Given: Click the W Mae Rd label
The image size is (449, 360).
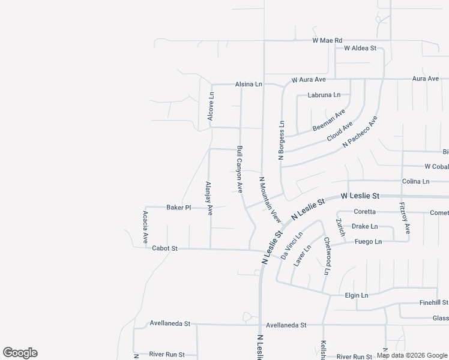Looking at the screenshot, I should click(327, 40).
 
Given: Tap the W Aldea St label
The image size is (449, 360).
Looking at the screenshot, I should click(360, 48).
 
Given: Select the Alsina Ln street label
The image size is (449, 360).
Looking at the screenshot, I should click(249, 85).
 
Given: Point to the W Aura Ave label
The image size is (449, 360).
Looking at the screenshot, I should click(309, 79).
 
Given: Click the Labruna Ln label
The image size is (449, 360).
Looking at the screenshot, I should click(324, 95).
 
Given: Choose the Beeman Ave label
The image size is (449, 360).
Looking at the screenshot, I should click(329, 121).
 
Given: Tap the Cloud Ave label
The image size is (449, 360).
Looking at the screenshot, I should click(339, 131).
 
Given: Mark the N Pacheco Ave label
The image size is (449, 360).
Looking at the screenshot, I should click(360, 133).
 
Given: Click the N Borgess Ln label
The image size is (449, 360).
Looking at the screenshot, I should click(281, 139).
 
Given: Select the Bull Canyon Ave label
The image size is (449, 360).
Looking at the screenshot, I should click(240, 169).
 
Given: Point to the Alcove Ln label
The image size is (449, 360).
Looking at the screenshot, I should click(211, 106).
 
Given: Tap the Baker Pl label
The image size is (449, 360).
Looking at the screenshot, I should click(178, 208).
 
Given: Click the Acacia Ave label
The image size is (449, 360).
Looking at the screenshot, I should click(145, 227).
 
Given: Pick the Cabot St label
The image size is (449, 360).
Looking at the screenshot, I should click(165, 248).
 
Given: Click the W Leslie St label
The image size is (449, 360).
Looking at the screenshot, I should click(360, 196).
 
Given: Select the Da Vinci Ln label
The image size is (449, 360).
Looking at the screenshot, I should click(292, 245).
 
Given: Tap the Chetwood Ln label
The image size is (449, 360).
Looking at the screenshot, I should click(327, 256).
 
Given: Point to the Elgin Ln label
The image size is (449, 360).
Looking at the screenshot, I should click(357, 295).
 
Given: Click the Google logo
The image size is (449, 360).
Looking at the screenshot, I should click(20, 353).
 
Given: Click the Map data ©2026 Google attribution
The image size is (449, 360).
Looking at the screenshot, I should click(412, 355).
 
